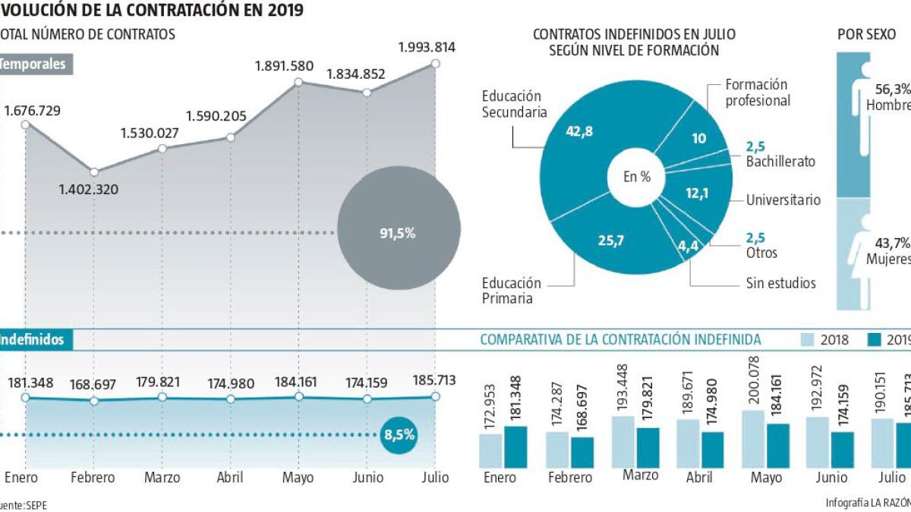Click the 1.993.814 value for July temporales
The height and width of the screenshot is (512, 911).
pyautogui.click(x=426, y=47)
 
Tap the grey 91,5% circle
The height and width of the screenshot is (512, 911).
pyautogui.click(x=399, y=233)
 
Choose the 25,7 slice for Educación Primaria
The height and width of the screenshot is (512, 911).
pyautogui.click(x=610, y=240)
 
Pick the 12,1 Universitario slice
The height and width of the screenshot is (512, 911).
pyautogui.click(x=696, y=193)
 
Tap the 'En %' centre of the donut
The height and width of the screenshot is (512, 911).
pyautogui.click(x=636, y=177)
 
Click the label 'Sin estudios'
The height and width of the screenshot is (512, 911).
pyautogui.click(x=780, y=283)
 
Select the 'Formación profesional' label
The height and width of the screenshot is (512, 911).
pyautogui.click(x=757, y=92)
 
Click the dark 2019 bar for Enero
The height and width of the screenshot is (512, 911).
pyautogui.click(x=515, y=447)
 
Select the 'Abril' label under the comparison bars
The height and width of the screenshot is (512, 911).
pyautogui.click(x=699, y=478)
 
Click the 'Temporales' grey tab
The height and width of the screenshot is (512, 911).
pyautogui.click(x=34, y=64)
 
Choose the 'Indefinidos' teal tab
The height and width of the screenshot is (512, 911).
pyautogui.click(x=34, y=340)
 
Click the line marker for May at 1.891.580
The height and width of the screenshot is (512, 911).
pyautogui.click(x=298, y=82)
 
